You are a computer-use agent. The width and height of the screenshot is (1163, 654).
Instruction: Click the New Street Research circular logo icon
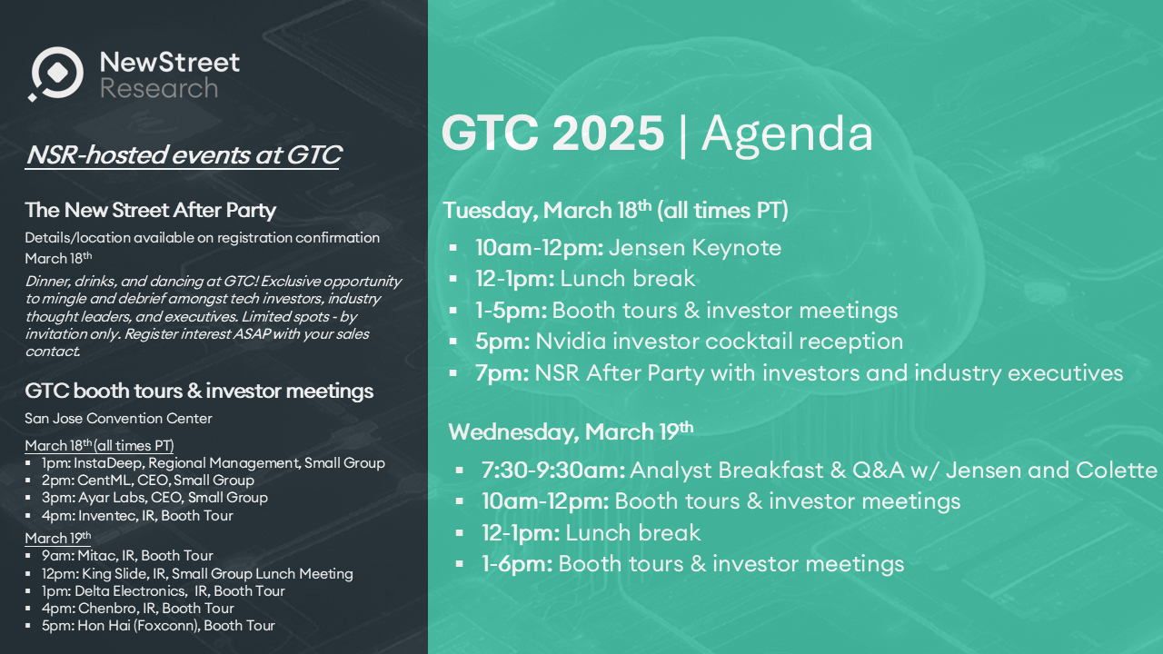click(x=56, y=74)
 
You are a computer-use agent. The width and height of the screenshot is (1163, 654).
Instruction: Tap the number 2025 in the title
click(x=608, y=133)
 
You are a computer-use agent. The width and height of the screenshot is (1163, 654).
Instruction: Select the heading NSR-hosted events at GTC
click(x=184, y=154)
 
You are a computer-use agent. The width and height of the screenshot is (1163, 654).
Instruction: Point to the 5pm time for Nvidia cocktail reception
click(x=502, y=342)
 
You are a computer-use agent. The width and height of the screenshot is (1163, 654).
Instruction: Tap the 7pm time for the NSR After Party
click(x=502, y=373)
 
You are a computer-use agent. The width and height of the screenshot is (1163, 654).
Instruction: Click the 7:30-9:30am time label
click(x=553, y=471)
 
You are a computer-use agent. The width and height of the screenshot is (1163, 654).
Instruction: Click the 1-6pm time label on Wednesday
click(x=517, y=564)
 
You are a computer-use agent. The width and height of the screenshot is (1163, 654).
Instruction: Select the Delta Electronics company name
click(x=130, y=590)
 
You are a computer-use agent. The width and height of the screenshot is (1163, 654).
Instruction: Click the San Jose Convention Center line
click(x=118, y=419)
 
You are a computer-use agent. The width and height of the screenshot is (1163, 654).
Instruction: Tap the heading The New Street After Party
click(x=151, y=210)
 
